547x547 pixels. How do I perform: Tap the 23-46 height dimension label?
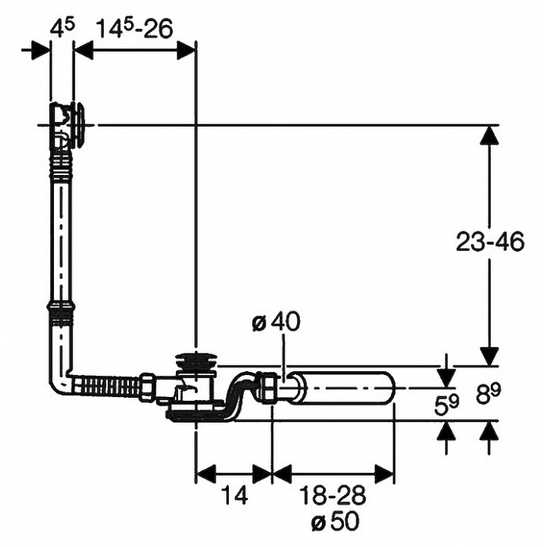coord(490,241)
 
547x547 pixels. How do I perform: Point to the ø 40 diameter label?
coord(276,322)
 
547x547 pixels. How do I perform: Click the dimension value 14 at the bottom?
coord(234,495)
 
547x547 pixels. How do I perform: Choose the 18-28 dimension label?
coord(333,495)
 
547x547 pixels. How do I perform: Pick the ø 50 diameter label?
coord(335,522)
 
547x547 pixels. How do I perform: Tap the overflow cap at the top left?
coord(80,125)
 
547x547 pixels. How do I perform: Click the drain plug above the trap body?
coord(195,360)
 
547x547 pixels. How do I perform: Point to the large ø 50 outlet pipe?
coord(342,388)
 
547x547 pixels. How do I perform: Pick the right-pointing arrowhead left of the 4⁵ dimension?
coord(41,51)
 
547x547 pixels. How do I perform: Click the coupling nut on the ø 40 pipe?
coord(269,388)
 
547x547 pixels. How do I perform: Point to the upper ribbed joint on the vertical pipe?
coord(61,164)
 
